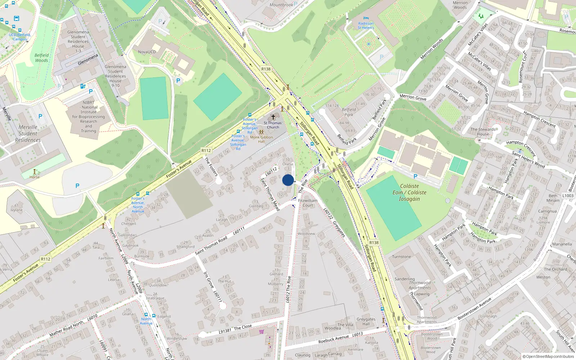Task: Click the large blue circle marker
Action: point(288,180)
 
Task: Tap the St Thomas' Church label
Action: point(273,125)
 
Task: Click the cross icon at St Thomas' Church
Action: point(273,117)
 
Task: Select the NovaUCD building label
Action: point(147,52)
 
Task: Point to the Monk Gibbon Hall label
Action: point(261,139)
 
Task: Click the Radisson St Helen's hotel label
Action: point(366,26)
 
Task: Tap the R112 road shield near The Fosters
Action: point(206,150)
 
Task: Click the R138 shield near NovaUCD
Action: point(266,69)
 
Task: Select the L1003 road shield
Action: point(568,196)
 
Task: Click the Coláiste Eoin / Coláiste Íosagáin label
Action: point(409,193)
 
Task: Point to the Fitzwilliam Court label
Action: point(308,203)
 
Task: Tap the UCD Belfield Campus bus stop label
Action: point(19,37)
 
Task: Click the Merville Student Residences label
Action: point(28,134)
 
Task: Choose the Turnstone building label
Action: point(401,257)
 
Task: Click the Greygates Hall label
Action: point(366,321)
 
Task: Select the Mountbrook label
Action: point(281,5)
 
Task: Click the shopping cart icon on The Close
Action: point(261,332)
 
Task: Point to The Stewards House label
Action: point(483,132)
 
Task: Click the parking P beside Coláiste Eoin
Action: point(415,177)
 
